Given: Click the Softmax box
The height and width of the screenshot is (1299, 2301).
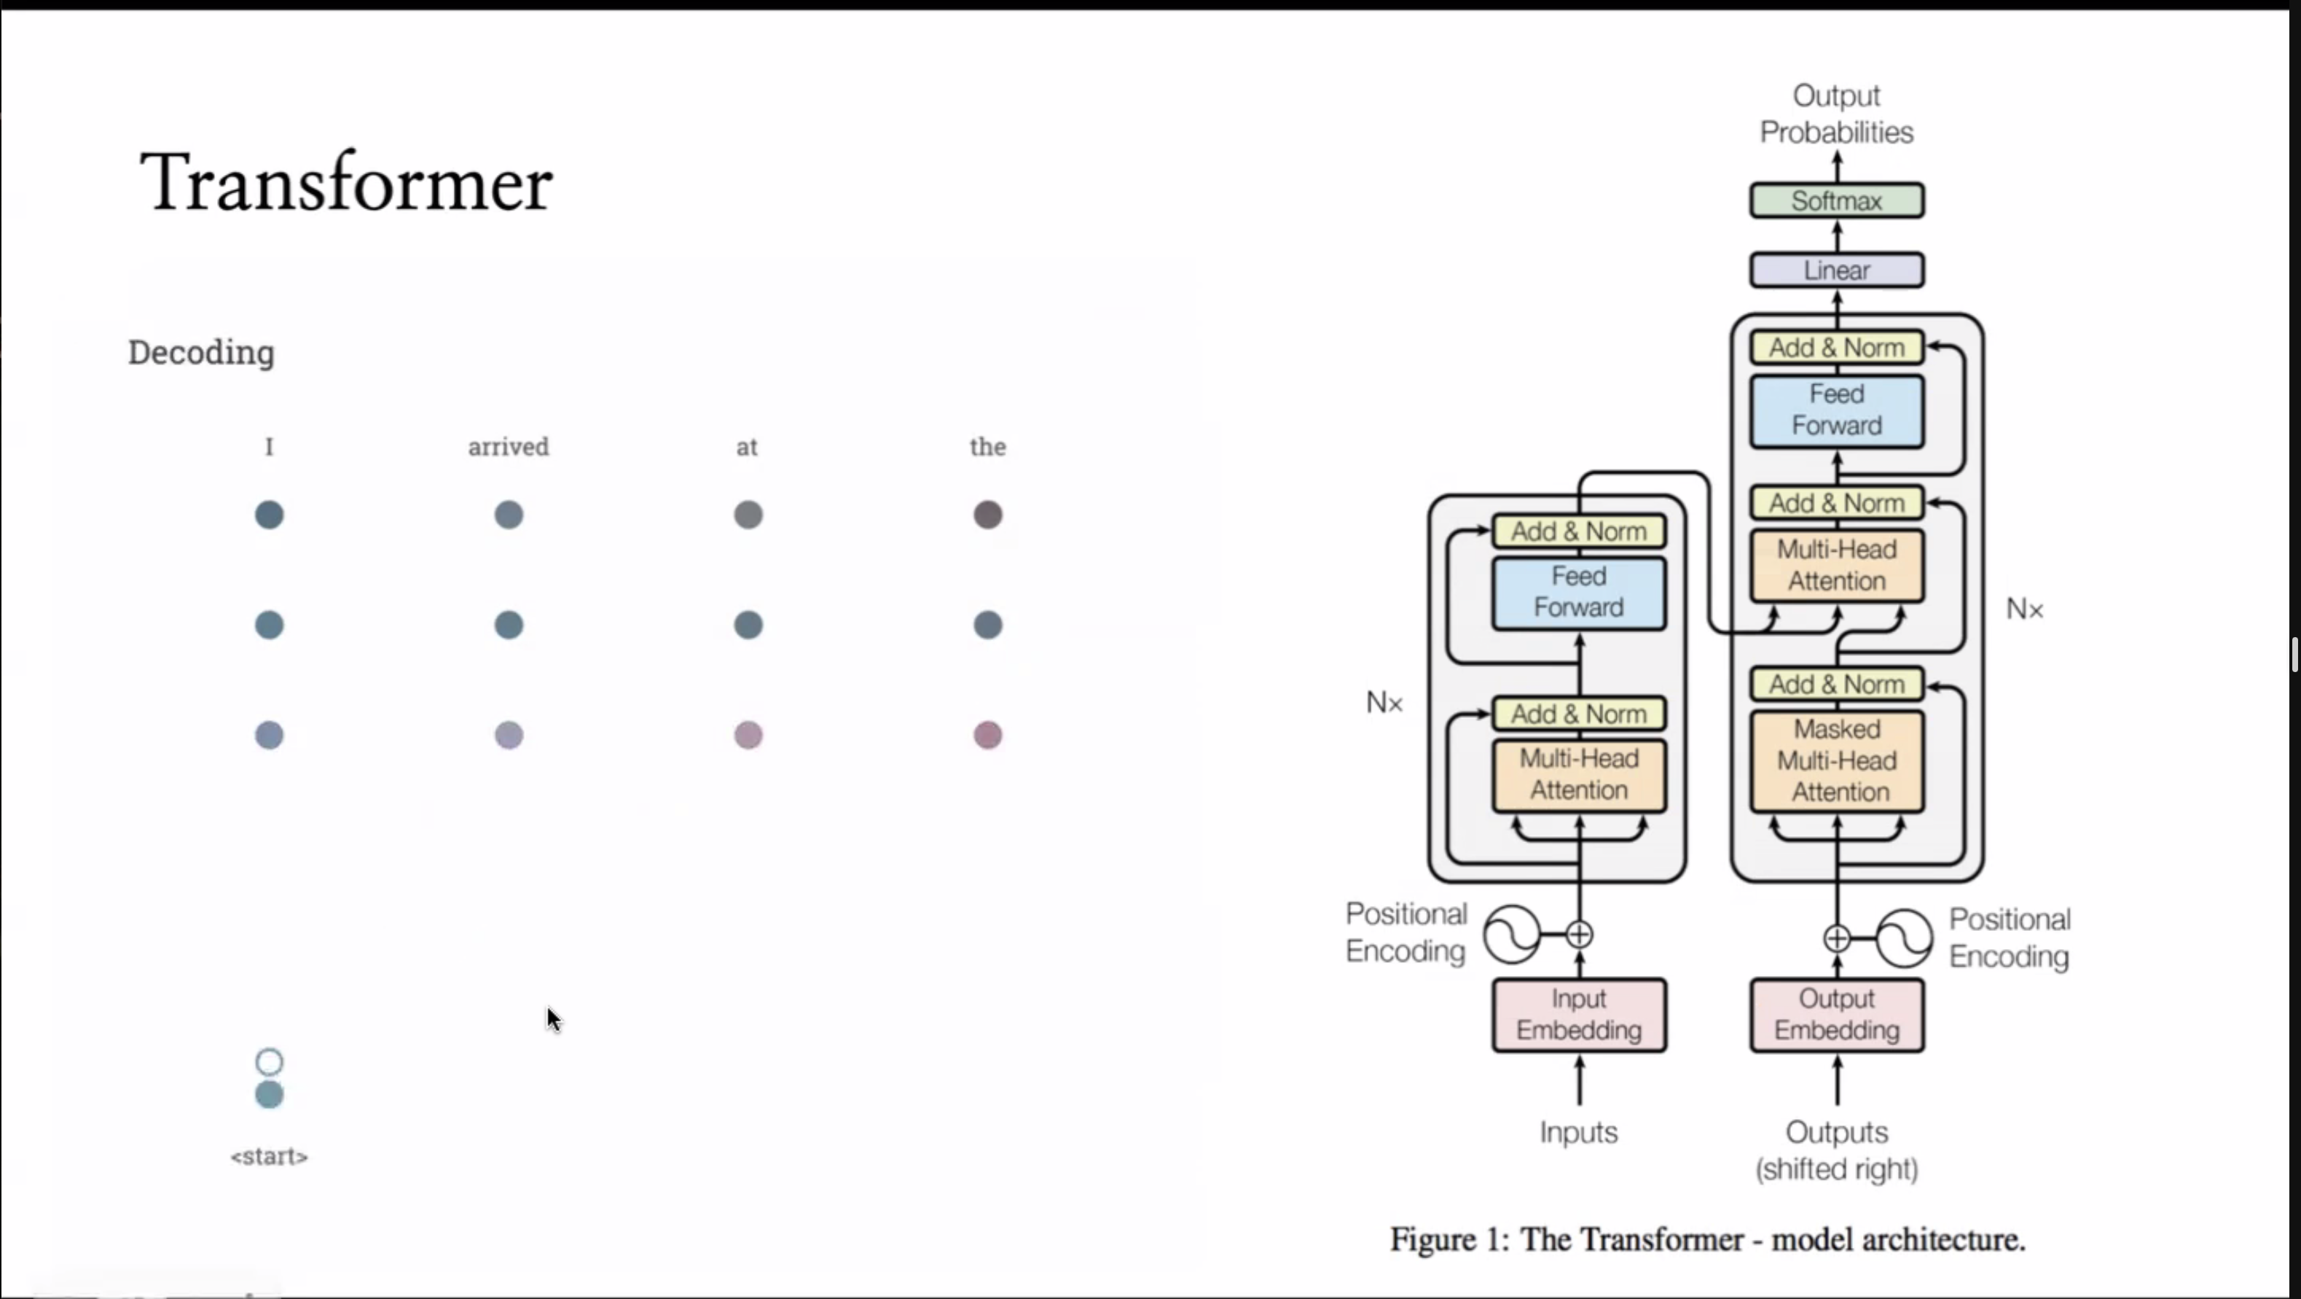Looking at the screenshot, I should [x=1837, y=201].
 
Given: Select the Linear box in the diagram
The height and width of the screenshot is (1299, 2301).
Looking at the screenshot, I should [x=1837, y=270].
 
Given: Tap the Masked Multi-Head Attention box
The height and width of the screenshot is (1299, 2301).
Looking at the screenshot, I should [x=1837, y=760].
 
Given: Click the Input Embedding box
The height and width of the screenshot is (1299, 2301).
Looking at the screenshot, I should [x=1578, y=1015].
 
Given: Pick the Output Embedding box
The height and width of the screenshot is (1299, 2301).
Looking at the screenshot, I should [x=1837, y=1015].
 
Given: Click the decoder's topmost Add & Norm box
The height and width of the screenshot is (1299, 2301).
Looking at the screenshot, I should [x=1837, y=348].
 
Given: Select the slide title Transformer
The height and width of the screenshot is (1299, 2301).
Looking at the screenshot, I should [x=347, y=183].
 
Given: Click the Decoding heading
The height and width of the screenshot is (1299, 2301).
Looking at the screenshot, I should [x=201, y=353].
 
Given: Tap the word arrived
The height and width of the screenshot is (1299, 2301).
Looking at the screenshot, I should [x=509, y=447].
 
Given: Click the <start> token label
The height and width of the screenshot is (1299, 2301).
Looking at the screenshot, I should [x=269, y=1157].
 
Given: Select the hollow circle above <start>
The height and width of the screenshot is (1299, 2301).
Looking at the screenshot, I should [x=269, y=1061].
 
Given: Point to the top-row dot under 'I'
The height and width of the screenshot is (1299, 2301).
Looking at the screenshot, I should [x=269, y=515].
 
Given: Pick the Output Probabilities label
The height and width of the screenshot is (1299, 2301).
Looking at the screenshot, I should [x=1837, y=114].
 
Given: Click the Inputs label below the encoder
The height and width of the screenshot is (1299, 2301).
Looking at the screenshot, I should [x=1578, y=1133].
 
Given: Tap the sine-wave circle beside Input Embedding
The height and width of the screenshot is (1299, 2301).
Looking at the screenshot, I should [x=1511, y=935].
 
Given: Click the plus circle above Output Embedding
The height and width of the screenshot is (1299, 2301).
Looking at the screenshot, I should [x=1837, y=938].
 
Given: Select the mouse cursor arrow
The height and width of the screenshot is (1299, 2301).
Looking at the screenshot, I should [x=554, y=1019].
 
